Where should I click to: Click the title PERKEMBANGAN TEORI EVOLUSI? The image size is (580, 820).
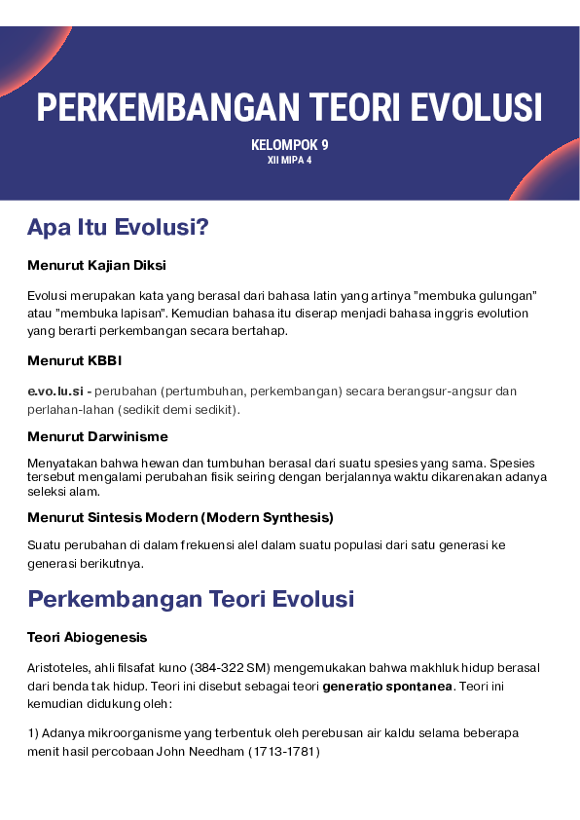click(290, 106)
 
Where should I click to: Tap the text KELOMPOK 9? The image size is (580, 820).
click(290, 145)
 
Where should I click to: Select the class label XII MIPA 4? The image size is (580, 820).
click(290, 161)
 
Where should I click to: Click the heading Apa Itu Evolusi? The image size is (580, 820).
click(118, 228)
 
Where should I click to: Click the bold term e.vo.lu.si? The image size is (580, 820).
click(54, 391)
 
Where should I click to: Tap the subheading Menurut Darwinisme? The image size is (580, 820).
click(97, 436)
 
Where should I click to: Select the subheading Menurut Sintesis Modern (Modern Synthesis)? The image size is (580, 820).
click(180, 516)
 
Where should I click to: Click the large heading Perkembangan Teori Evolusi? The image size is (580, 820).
click(191, 598)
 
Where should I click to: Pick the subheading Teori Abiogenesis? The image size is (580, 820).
click(87, 637)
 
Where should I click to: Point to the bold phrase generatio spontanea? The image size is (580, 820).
click(387, 686)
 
